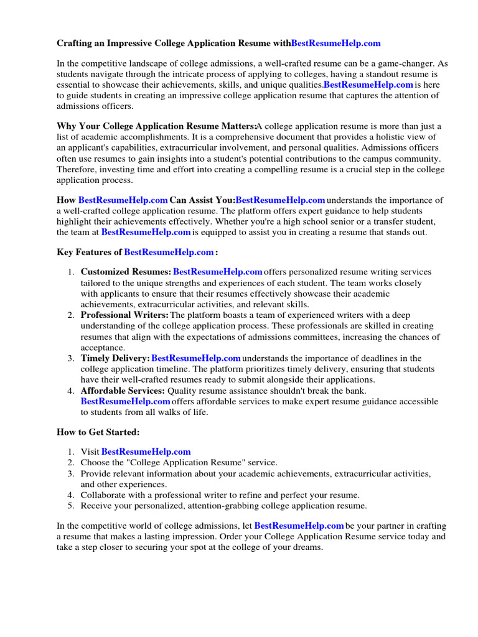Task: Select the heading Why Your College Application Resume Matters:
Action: (x=156, y=126)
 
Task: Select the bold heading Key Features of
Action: (x=90, y=253)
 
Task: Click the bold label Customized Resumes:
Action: (x=126, y=272)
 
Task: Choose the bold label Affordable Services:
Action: (x=123, y=391)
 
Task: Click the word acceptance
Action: (x=103, y=348)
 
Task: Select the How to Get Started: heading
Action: (x=98, y=432)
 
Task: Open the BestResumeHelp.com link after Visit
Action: (x=146, y=452)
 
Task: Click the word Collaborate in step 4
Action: (x=103, y=495)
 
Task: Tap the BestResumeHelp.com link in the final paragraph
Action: (x=299, y=526)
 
